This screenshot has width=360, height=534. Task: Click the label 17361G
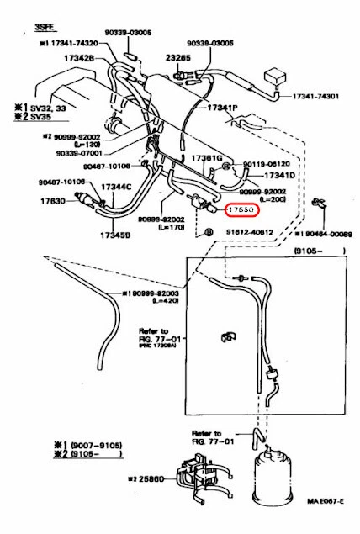tap(205, 158)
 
